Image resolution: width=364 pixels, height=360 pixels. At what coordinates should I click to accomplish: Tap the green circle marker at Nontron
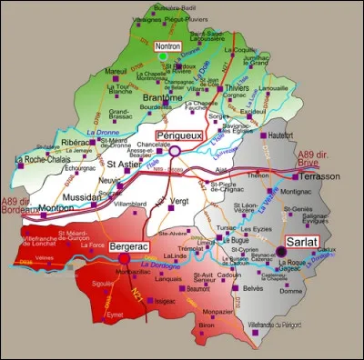pyautogui.click(x=163, y=55)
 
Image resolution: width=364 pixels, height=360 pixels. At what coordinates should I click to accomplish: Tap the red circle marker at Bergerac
pyautogui.click(x=125, y=259)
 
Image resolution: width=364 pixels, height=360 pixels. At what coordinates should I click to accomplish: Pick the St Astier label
pyautogui.click(x=123, y=165)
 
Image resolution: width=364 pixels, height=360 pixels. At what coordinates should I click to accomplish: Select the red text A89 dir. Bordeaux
pyautogui.click(x=21, y=205)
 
